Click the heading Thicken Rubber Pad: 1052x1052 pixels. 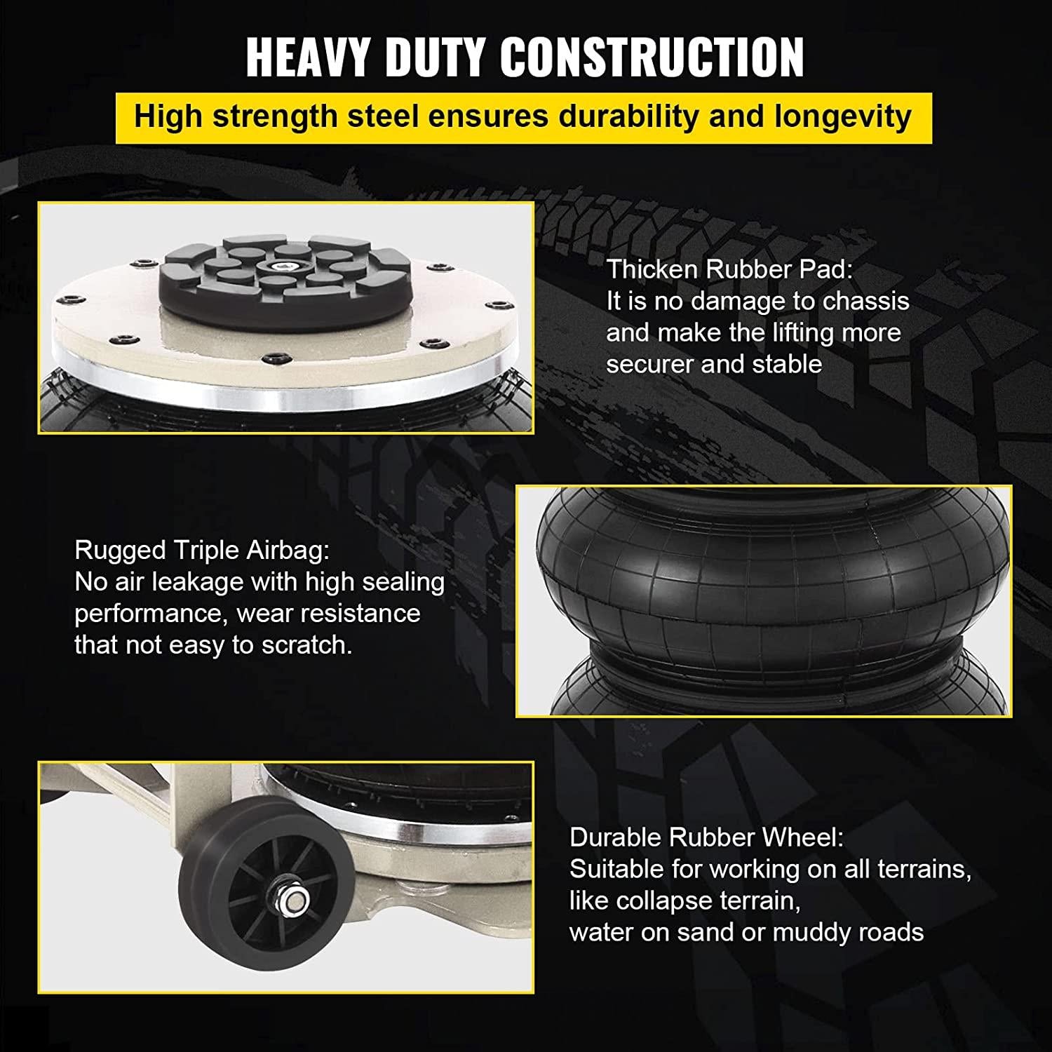click(730, 269)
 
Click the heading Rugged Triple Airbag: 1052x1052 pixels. click(202, 551)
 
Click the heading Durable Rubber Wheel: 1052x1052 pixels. click(707, 837)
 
